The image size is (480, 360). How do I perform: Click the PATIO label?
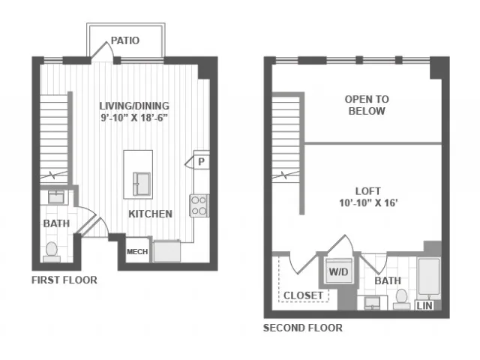click(x=125, y=40)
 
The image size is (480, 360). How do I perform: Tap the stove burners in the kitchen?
click(x=199, y=205)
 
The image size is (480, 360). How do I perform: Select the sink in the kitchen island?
click(x=142, y=184)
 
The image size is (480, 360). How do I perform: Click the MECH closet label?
click(x=137, y=252)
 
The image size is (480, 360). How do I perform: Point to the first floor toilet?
click(x=52, y=252)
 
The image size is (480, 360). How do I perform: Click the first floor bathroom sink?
click(x=56, y=196)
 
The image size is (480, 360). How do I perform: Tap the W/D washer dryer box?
click(x=338, y=271)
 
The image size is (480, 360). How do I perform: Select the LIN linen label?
click(x=424, y=305)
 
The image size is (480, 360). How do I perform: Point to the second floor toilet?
click(x=401, y=300)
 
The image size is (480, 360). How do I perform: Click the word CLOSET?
click(x=303, y=295)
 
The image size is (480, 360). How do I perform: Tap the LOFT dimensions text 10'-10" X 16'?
click(x=368, y=202)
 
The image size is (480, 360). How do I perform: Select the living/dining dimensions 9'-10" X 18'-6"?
click(x=134, y=118)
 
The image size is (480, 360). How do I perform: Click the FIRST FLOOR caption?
click(x=64, y=280)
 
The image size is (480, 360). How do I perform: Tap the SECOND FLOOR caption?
click(x=303, y=328)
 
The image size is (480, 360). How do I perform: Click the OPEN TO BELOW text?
click(x=367, y=105)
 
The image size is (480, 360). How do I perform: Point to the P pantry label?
click(x=201, y=161)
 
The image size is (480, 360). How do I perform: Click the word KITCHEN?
click(x=150, y=214)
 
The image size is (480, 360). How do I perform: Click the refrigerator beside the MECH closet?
click(x=166, y=251)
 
